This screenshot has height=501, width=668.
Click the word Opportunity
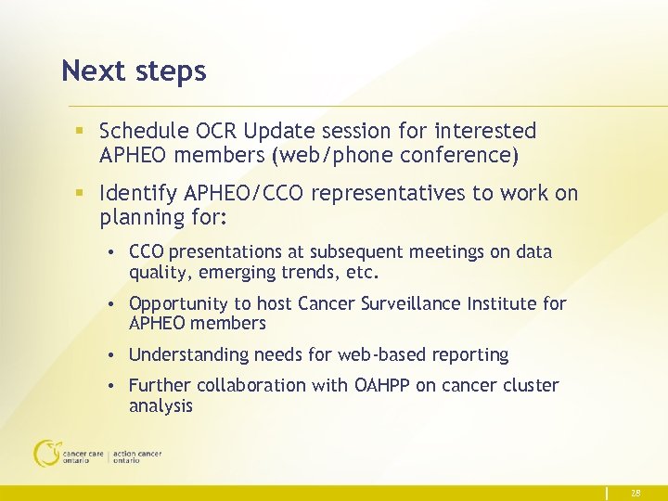(x=177, y=304)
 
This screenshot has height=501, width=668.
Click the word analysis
(x=161, y=405)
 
